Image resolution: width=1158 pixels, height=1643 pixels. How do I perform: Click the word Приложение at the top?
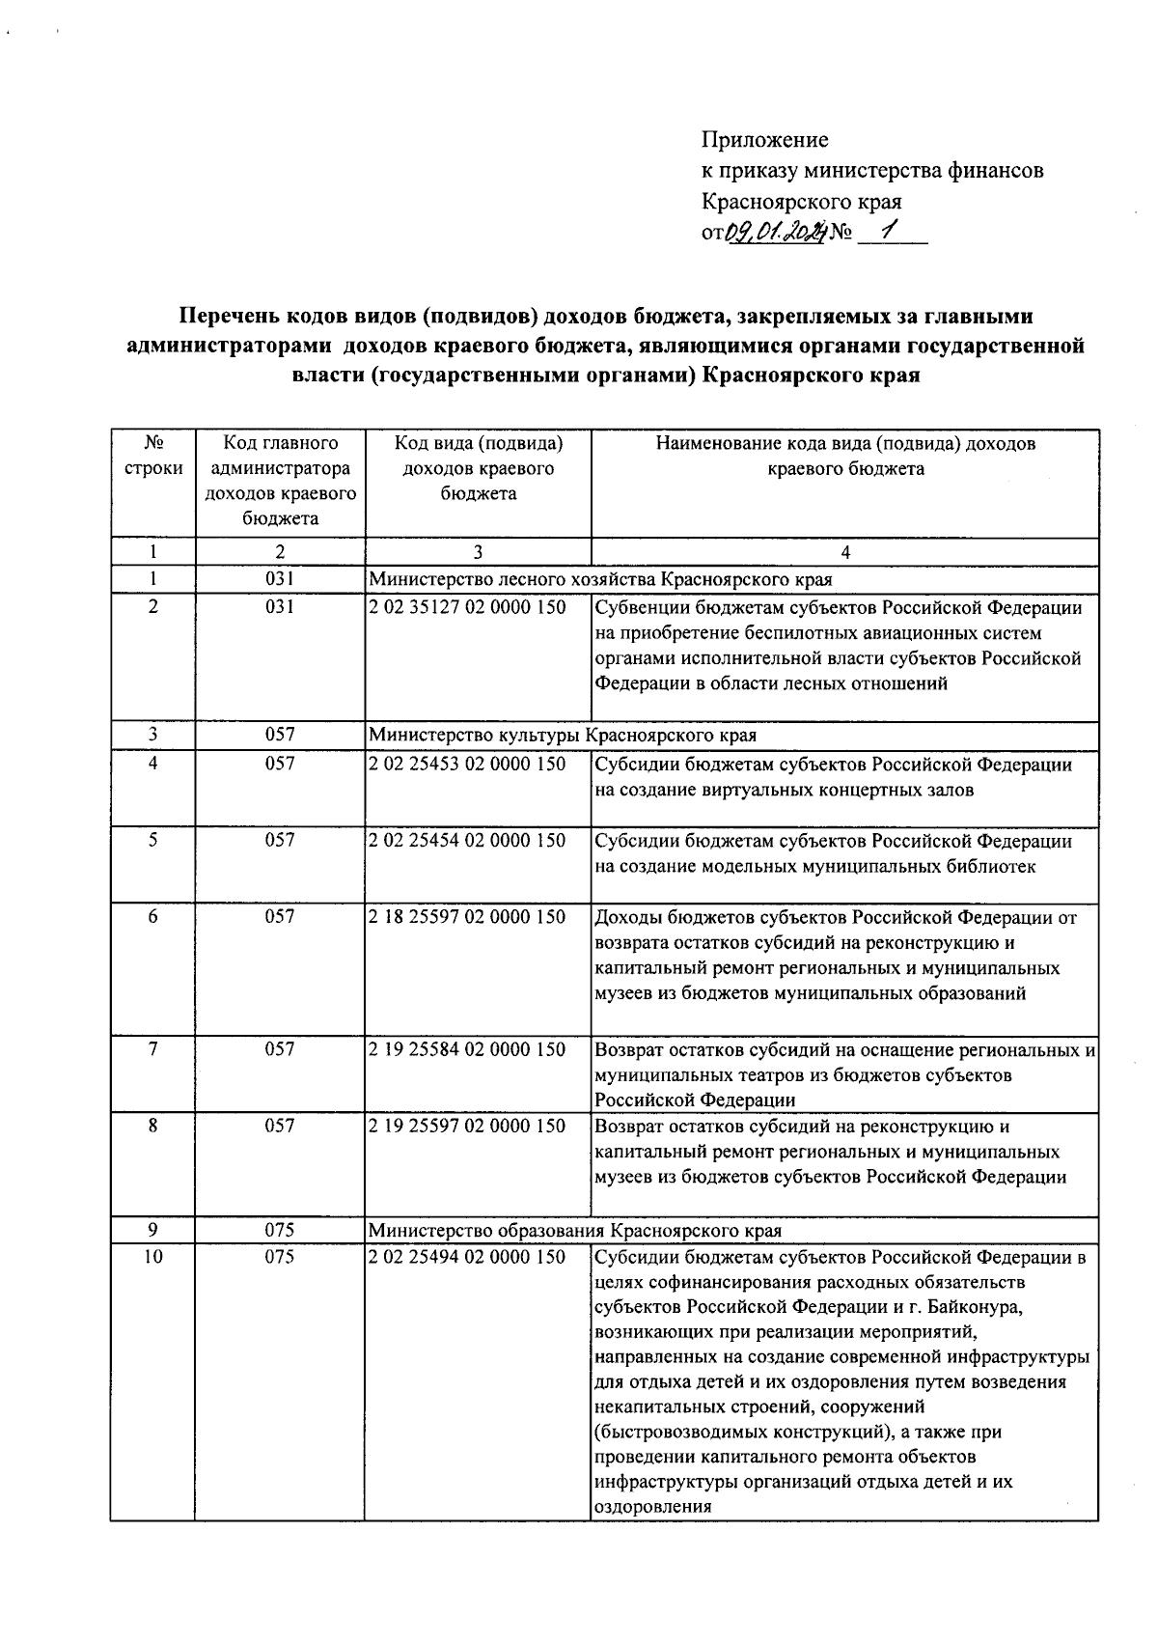pyautogui.click(x=764, y=140)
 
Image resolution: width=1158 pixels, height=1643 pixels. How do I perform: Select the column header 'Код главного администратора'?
pyautogui.click(x=280, y=481)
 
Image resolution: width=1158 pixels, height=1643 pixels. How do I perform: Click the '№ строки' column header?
pyautogui.click(x=152, y=456)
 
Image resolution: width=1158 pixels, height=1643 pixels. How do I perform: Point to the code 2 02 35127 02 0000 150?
pyautogui.click(x=467, y=607)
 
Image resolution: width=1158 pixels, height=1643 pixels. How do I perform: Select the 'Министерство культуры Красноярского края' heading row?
pyautogui.click(x=563, y=735)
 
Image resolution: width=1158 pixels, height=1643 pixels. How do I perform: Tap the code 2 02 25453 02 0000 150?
pyautogui.click(x=467, y=764)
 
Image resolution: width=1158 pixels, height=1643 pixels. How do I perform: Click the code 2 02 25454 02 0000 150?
pyautogui.click(x=467, y=840)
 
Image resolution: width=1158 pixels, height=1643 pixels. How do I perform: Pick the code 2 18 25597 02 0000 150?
pyautogui.click(x=467, y=916)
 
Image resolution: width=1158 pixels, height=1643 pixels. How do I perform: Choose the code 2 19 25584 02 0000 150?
pyautogui.click(x=467, y=1049)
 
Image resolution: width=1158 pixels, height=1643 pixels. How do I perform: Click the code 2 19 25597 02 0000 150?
pyautogui.click(x=467, y=1126)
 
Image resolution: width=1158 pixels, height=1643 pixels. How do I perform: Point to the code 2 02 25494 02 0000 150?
pyautogui.click(x=467, y=1257)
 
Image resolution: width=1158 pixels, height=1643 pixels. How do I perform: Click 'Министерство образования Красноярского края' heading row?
pyautogui.click(x=575, y=1231)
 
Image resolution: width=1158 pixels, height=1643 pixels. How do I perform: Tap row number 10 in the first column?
pyautogui.click(x=152, y=1257)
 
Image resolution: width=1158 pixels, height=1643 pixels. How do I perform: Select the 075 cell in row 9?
pyautogui.click(x=280, y=1231)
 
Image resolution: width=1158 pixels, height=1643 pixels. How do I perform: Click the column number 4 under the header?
pyautogui.click(x=845, y=552)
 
